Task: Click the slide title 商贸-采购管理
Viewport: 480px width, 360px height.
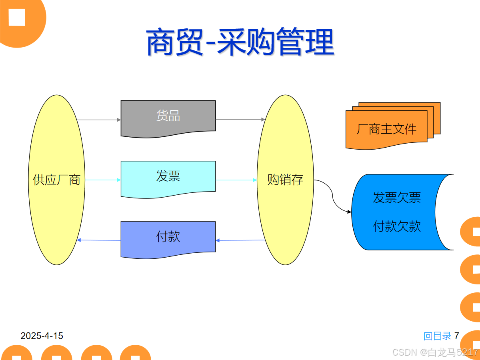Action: coord(240,42)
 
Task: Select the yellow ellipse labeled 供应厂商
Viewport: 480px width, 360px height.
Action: coord(56,180)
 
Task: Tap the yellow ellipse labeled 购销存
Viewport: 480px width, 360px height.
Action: coord(285,180)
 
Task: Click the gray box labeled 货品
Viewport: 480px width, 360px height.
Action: coord(168,116)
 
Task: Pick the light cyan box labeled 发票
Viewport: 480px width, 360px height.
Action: coord(168,177)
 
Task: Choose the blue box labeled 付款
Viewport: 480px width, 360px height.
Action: coord(168,237)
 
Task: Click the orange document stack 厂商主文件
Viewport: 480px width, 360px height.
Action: coord(386,129)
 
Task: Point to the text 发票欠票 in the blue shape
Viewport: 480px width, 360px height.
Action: coord(397,198)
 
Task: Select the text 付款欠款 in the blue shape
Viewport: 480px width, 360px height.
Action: coord(397,226)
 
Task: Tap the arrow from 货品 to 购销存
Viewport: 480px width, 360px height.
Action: coord(240,119)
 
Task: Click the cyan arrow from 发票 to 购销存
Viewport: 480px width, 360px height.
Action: coord(236,180)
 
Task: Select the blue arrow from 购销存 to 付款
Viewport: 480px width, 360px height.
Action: coord(240,240)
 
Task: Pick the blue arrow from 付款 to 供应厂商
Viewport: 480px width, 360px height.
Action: coord(99,240)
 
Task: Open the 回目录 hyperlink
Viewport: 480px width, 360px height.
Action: coord(437,336)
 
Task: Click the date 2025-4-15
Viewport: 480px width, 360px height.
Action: coord(42,336)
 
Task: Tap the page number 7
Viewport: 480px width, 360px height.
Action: coord(456,336)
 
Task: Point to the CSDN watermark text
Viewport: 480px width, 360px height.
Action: coord(435,352)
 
